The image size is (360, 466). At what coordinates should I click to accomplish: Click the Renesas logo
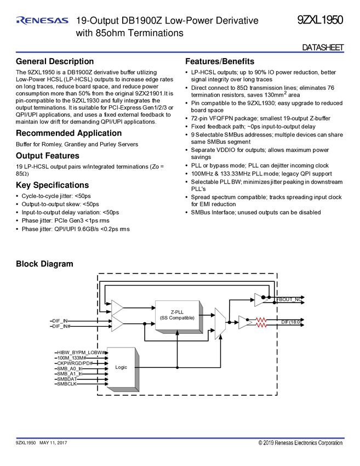tap(42, 21)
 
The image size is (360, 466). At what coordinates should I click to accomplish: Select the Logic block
tap(121, 367)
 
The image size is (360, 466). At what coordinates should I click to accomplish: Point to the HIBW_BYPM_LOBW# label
tap(82, 351)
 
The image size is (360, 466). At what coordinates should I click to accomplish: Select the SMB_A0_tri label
tap(70, 369)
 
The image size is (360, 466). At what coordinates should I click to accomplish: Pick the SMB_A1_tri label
tap(70, 374)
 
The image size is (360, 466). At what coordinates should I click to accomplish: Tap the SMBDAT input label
tap(67, 379)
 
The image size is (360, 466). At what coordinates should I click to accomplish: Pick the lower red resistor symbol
tap(262, 325)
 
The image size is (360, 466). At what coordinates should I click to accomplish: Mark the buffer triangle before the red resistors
tap(244, 322)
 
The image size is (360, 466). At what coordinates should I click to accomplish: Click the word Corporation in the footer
tap(327, 442)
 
